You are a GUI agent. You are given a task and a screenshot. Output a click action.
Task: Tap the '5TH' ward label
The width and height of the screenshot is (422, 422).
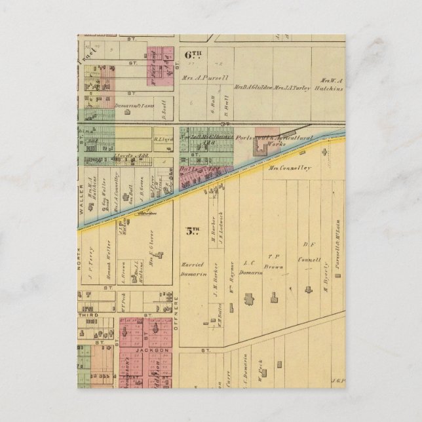pos(191,231)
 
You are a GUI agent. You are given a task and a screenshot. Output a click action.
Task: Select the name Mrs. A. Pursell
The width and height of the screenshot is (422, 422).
pos(204,77)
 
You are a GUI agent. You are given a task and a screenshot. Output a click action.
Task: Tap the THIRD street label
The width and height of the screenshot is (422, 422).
pos(86,315)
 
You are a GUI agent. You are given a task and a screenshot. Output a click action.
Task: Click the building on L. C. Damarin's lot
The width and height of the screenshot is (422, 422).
pos(250,300)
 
